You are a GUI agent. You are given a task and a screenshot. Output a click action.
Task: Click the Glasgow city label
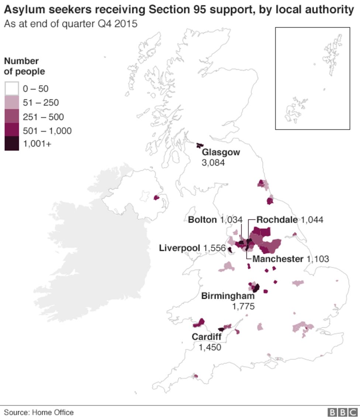[221, 152]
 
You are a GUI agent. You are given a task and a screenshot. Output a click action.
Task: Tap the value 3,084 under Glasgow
[213, 162]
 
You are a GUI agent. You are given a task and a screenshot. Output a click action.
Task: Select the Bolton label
[202, 220]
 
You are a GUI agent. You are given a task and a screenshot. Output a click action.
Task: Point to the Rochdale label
[277, 220]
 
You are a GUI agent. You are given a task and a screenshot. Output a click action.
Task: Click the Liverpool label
[179, 248]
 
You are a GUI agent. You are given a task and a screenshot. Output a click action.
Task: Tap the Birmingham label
[228, 296]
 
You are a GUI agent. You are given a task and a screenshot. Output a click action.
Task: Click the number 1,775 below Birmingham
[243, 306]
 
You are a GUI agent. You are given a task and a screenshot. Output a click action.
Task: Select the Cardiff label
[206, 337]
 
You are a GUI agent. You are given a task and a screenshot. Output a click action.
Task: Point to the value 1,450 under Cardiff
[210, 347]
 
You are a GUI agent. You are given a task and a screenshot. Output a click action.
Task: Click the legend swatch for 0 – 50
[12, 89]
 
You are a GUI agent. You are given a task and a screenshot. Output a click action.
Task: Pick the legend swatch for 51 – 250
[12, 103]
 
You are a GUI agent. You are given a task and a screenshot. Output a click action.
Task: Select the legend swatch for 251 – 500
[12, 117]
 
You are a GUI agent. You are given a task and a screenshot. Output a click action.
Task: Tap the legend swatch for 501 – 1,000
[12, 130]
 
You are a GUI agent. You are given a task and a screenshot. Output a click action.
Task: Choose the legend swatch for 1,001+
[12, 144]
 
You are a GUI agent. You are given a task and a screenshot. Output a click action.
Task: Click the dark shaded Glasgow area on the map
[200, 145]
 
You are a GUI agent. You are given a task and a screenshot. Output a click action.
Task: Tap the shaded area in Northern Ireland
[156, 198]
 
